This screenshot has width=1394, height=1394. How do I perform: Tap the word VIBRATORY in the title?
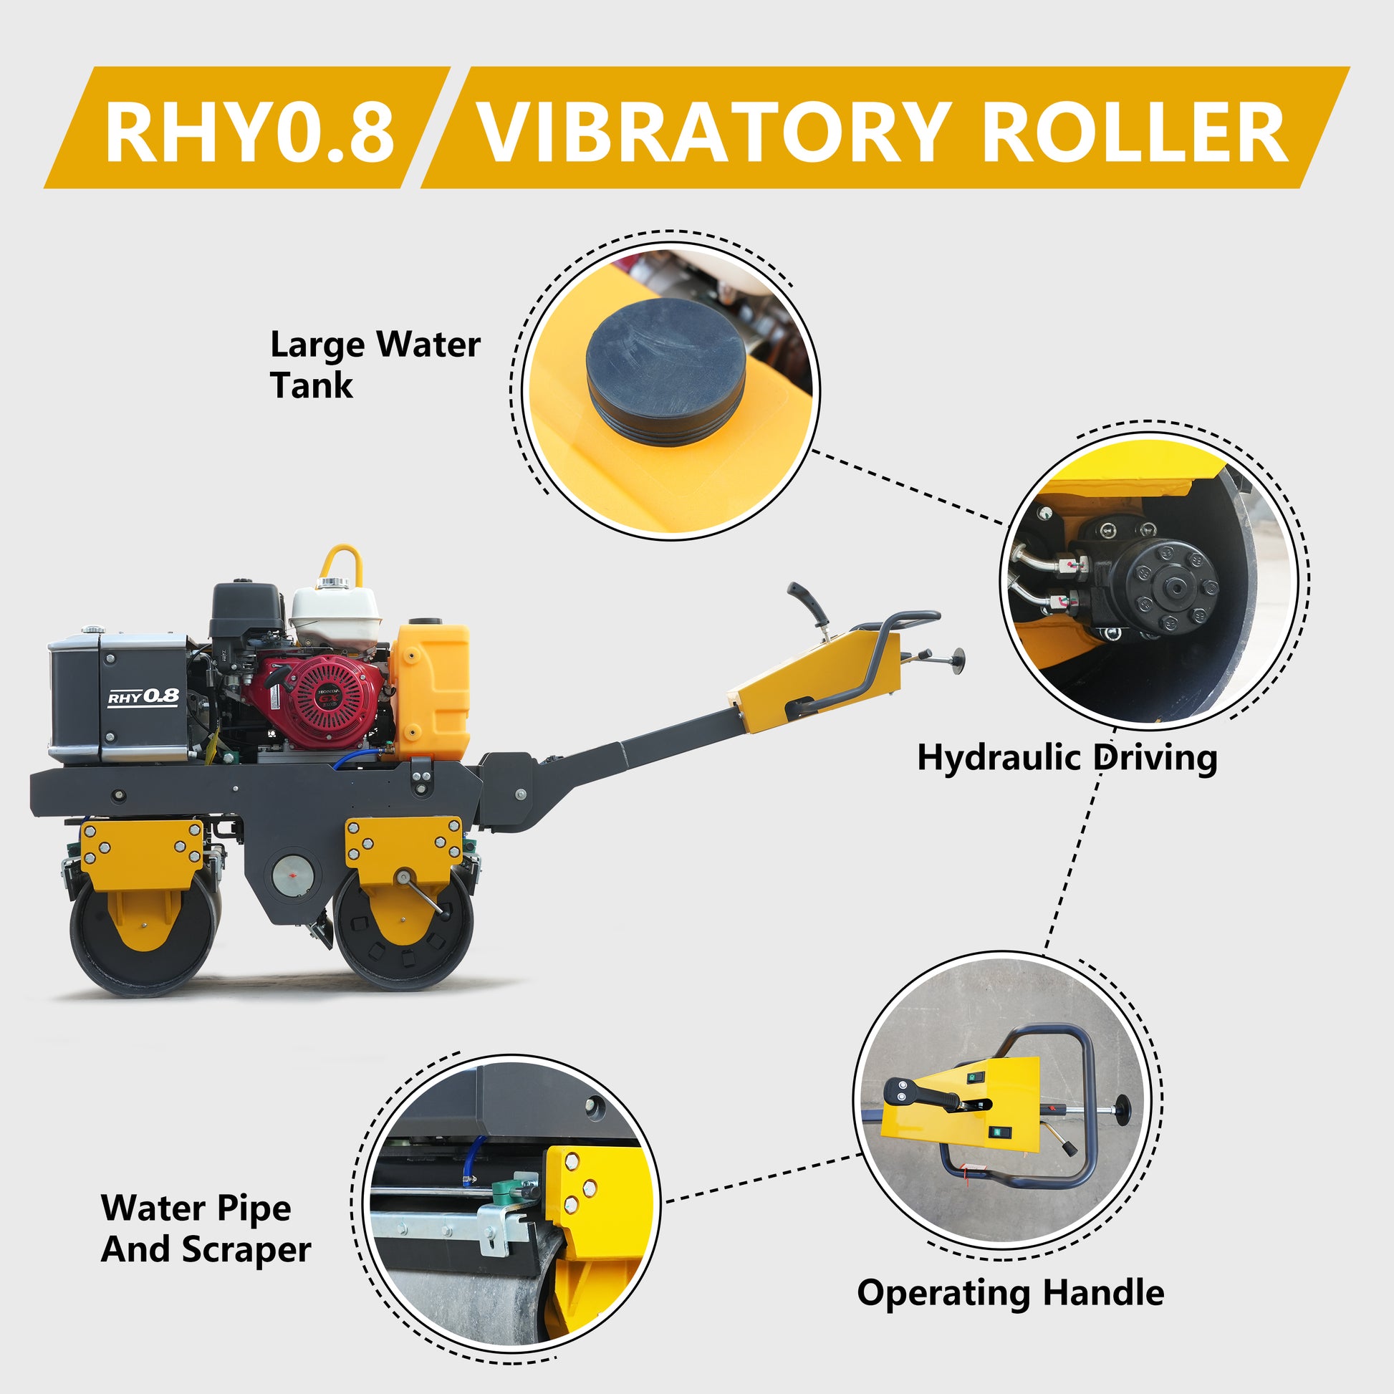(x=711, y=132)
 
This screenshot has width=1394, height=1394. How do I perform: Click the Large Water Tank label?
(x=375, y=365)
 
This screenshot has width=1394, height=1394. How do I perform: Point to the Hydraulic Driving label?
(x=1067, y=759)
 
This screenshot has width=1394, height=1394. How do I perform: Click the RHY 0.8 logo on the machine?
(x=143, y=696)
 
